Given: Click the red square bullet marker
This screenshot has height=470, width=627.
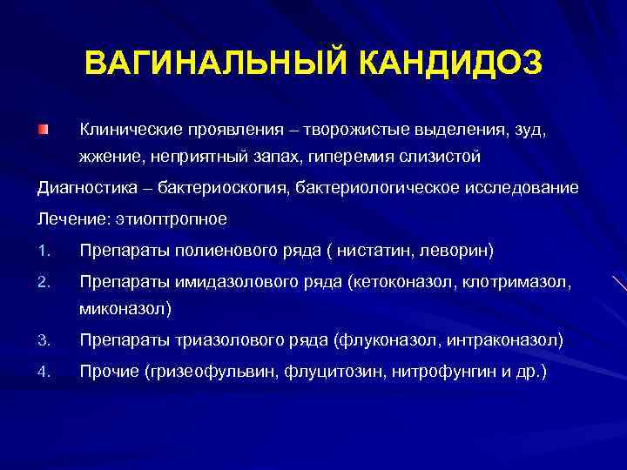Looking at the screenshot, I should coord(42,130).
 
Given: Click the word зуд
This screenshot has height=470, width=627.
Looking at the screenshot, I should coord(530,131).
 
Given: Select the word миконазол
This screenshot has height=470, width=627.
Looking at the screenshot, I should coord(123,308).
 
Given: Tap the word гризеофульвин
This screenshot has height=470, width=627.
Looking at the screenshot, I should coord(214,373).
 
